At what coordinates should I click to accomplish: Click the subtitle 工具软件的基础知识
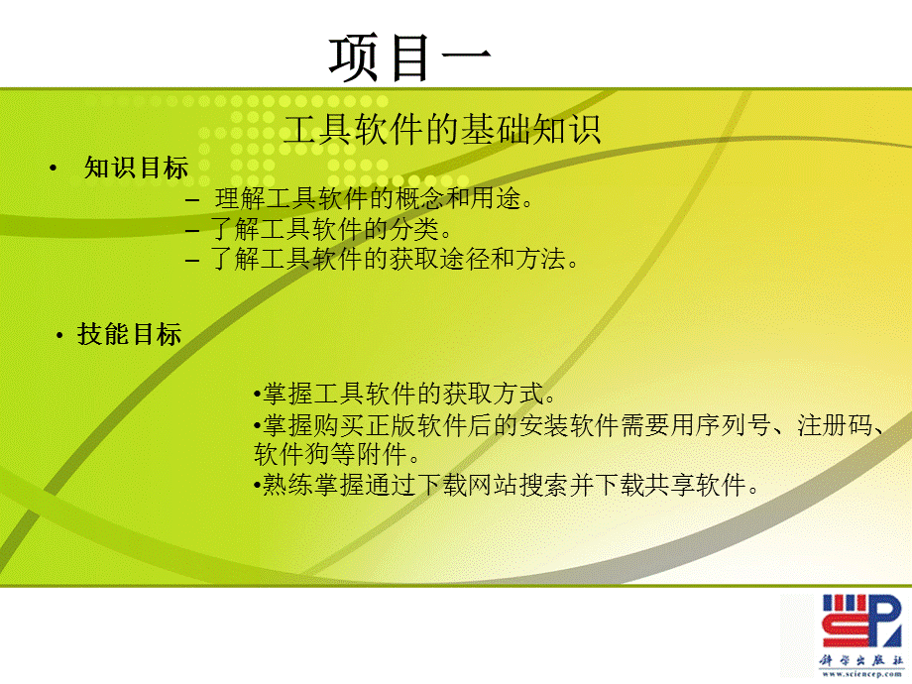coord(442,130)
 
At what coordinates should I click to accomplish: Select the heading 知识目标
coord(136,169)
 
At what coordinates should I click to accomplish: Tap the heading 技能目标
coord(129,335)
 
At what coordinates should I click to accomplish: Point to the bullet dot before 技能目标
coord(59,335)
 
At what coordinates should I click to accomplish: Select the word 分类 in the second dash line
coord(414,230)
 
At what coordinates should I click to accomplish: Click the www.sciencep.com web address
coord(858,675)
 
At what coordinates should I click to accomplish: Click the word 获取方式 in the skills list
coord(498,395)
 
